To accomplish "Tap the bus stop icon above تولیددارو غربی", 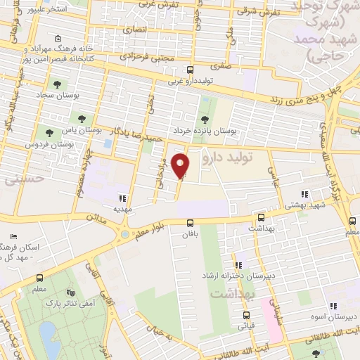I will (x=189, y=70).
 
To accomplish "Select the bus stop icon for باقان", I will (x=190, y=223).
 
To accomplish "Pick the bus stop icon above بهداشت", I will (x=261, y=219).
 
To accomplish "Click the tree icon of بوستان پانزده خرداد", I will (x=205, y=118).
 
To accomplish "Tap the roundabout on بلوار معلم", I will (x=125, y=234).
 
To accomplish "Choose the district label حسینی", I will (x=25, y=179).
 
